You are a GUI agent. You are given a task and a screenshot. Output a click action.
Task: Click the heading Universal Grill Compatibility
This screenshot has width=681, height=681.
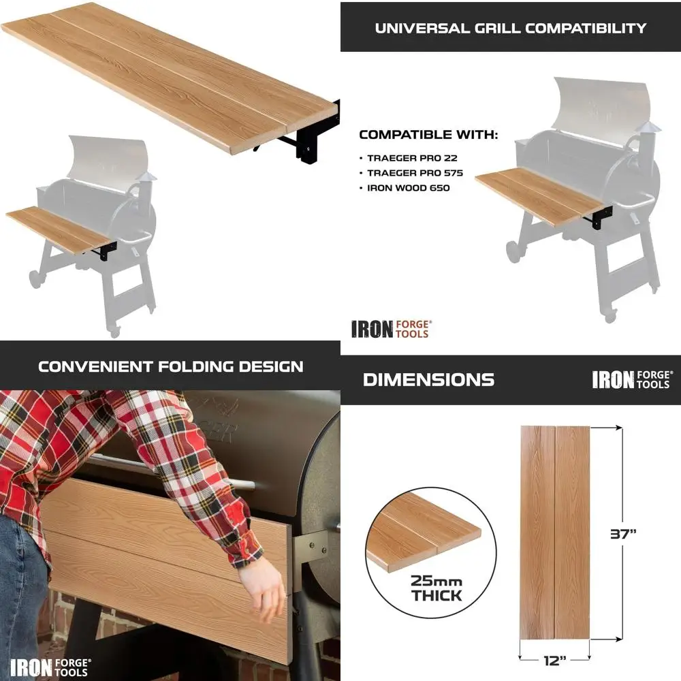pos(510,28)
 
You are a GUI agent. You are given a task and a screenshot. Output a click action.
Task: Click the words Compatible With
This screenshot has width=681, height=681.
pos(428,134)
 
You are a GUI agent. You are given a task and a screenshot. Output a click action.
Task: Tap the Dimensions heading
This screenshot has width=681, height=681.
pos(428,379)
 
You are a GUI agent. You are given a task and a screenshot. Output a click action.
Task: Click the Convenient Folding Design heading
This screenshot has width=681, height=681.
pos(170,366)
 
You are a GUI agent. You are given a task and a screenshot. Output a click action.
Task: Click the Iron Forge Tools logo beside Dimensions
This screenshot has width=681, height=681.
pos(632,379)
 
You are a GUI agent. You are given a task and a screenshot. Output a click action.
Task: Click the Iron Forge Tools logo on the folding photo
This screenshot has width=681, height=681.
pos(50,666)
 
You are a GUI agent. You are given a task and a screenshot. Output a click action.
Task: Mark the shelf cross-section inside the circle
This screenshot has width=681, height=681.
pos(422,538)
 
